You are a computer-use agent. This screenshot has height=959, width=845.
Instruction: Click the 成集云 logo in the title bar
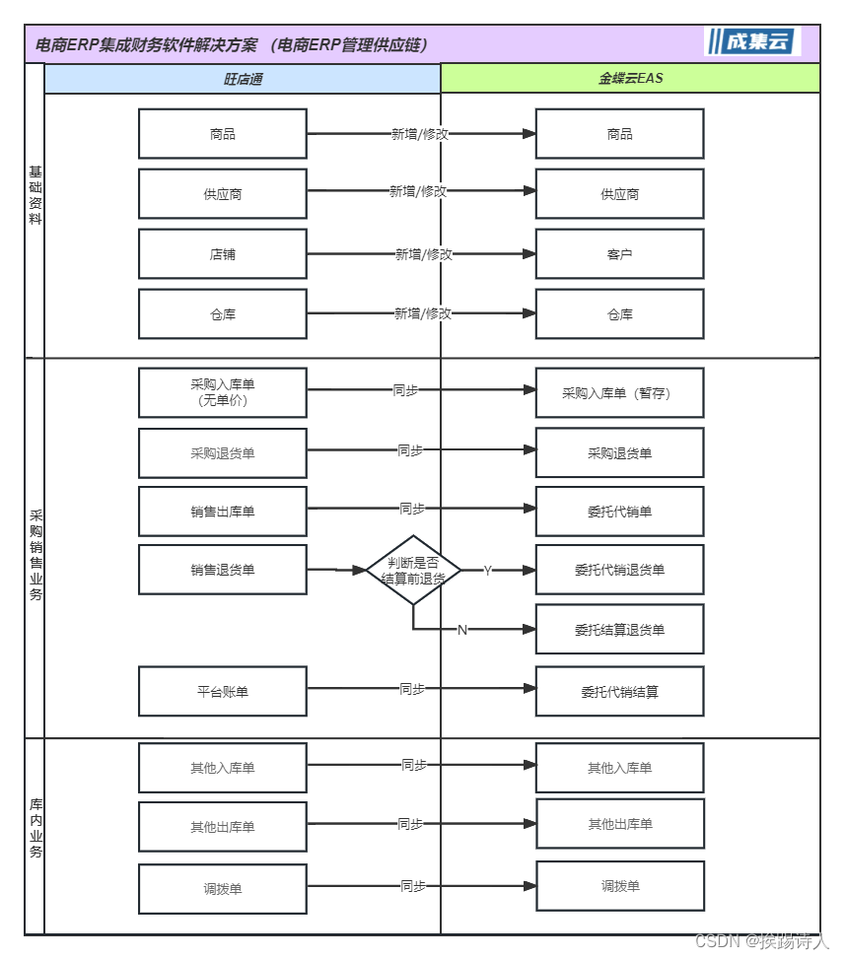point(753,41)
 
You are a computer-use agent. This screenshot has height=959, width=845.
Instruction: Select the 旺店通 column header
point(243,78)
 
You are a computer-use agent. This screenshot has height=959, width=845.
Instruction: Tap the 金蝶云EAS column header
point(630,78)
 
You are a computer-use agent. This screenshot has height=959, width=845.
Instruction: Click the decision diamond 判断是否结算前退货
point(413,571)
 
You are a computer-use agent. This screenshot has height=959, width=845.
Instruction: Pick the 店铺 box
point(223,254)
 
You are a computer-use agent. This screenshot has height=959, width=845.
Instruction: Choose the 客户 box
point(619,254)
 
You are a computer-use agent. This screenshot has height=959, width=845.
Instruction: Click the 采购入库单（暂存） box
point(619,393)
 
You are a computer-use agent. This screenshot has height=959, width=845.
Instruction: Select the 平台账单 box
point(223,692)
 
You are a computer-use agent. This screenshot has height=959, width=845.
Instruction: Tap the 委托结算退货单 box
point(619,630)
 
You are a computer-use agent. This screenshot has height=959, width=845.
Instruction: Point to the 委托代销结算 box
point(619,692)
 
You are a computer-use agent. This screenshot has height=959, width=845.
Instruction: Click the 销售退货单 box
point(223,570)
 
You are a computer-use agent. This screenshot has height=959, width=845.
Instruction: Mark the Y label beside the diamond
point(487,571)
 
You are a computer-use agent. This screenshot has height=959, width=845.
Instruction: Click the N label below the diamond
point(461,630)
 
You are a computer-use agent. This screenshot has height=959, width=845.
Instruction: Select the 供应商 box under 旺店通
point(223,194)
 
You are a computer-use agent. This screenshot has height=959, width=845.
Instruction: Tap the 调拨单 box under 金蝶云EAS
point(620,886)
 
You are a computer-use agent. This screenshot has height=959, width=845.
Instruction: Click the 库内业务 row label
point(35,828)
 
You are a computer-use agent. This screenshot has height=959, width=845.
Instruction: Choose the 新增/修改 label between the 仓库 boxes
point(423,313)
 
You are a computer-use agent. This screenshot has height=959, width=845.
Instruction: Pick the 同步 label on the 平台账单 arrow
point(412,689)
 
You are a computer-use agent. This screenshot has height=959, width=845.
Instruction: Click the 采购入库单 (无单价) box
point(223,393)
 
